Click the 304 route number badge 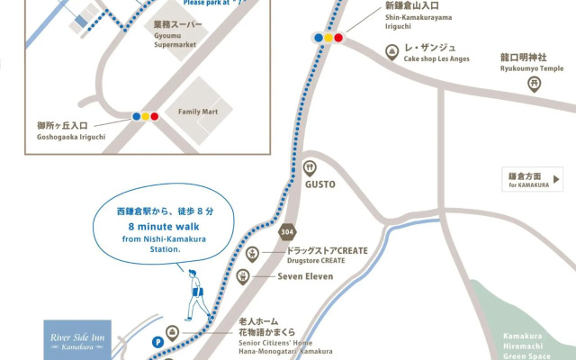click(x=287, y=229)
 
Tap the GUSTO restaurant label click(x=319, y=184)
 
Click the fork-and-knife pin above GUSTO click(x=310, y=166)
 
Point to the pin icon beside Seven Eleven click(x=242, y=276)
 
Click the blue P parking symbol click(x=158, y=342)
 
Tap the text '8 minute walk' click(x=165, y=227)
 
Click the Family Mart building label click(x=199, y=112)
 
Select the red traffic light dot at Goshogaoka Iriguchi click(x=155, y=116)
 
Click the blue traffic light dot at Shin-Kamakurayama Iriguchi click(x=319, y=38)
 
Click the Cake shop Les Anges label click(x=436, y=52)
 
